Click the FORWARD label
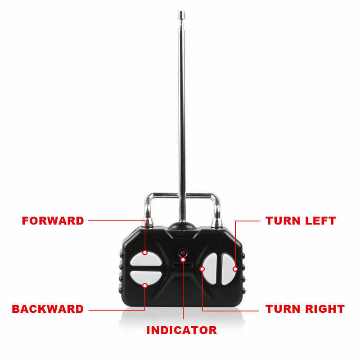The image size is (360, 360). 53,220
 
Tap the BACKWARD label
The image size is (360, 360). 48,309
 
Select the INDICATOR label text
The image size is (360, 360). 182,330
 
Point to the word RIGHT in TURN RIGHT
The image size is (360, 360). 325,309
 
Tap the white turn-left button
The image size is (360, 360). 228,269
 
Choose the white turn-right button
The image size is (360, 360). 210,269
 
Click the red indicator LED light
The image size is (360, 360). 183,253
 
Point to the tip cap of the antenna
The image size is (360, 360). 181,15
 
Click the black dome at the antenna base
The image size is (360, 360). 182,226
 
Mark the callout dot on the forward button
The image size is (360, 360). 145,252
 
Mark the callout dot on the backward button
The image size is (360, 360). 145,286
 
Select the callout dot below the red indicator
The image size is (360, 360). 183,260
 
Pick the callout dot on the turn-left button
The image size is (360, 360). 235,269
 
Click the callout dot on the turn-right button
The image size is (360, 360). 202,269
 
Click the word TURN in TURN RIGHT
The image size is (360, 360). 283,309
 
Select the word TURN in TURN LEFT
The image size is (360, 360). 283,220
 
